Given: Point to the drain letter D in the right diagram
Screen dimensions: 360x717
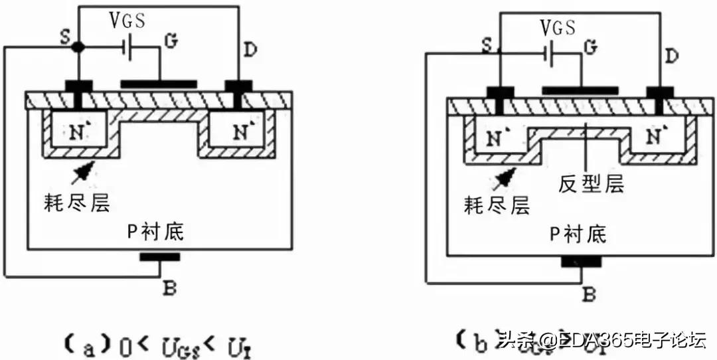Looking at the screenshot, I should pos(671,57).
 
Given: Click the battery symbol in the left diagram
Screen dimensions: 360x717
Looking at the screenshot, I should pos(130,48).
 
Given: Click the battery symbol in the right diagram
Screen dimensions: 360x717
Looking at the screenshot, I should pos(549,54).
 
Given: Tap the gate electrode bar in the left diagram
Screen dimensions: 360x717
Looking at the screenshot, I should pos(159,84).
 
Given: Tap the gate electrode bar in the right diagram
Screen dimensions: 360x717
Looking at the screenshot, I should pos(580,90).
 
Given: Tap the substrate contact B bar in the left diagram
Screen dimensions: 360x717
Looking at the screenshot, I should pos(159,256).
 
